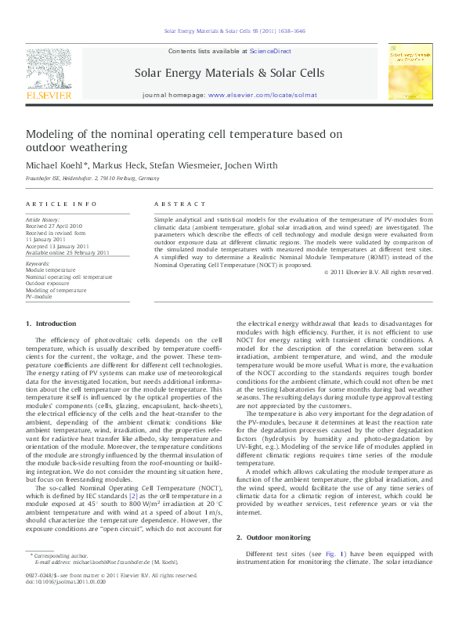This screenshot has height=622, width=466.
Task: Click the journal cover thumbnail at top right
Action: pyautogui.click(x=410, y=71)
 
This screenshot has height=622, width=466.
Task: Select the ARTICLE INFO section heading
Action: pyautogui.click(x=51, y=204)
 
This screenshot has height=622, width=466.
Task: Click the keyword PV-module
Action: pyautogui.click(x=39, y=297)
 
